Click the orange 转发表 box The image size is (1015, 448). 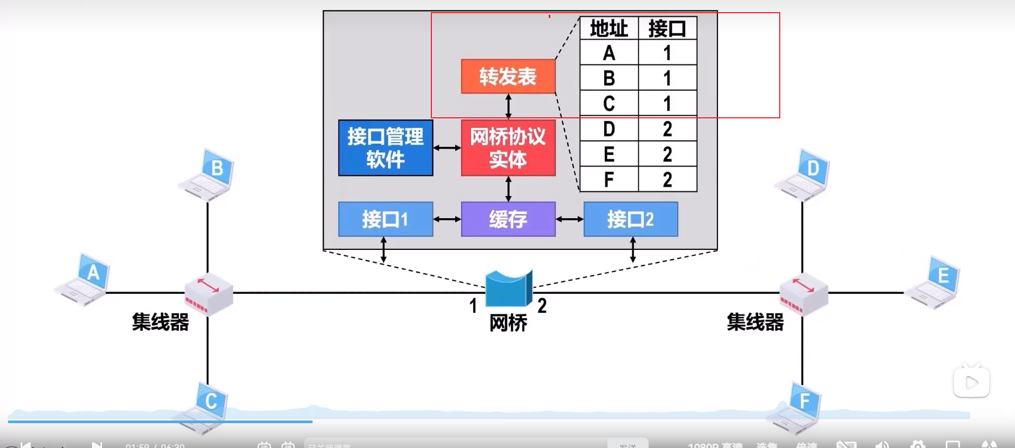508,77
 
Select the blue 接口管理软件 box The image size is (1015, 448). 385,148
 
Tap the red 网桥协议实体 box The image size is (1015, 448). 508,148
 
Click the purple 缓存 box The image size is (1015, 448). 508,219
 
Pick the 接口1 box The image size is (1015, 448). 385,219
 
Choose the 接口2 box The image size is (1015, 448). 630,219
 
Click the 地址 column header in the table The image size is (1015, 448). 609,29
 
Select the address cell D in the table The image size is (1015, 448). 609,129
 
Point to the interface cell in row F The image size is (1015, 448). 668,180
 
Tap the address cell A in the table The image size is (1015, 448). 609,53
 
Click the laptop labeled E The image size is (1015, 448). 934,283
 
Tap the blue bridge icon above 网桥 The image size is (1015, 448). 509,288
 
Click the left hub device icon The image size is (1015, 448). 208,294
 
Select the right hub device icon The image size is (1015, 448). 804,294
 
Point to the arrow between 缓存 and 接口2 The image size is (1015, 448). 569,219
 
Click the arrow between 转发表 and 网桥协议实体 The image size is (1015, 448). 509,106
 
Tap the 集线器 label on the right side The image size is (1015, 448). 755,322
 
